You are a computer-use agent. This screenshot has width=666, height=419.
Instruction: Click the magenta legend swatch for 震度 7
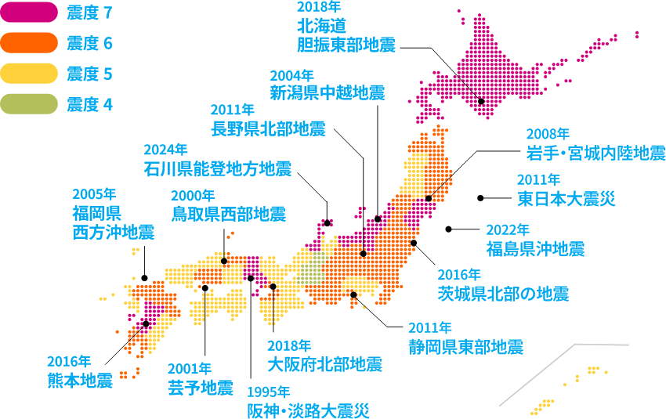30,12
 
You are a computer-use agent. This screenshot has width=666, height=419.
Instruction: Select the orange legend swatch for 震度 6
30,42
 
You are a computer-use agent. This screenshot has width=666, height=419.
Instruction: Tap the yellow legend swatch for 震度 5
30,73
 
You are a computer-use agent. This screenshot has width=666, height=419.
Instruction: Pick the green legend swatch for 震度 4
30,103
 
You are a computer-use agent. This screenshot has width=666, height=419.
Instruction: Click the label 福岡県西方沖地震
113,222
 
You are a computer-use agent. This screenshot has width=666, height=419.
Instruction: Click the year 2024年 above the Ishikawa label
165,149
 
